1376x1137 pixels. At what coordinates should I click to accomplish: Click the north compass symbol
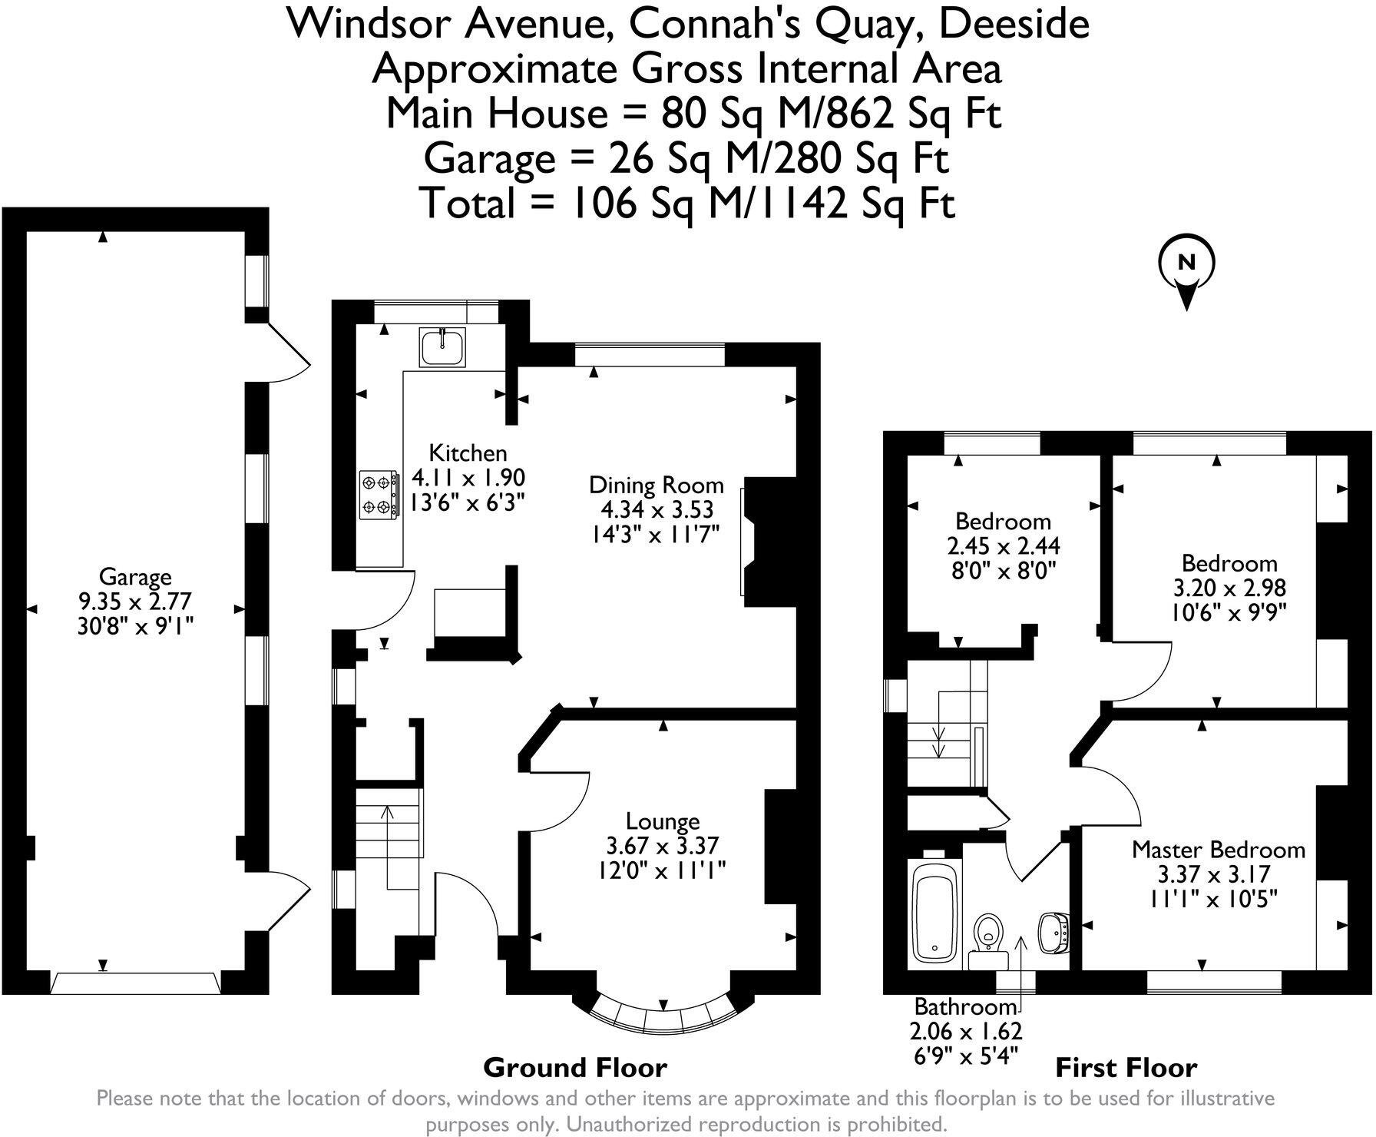(1186, 265)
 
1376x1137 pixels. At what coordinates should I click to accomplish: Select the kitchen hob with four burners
(379, 494)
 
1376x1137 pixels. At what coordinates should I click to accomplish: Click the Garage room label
(135, 576)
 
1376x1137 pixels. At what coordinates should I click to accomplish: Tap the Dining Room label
(657, 485)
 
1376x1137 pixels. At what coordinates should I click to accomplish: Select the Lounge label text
(663, 821)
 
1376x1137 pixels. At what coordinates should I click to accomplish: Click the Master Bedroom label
(1219, 849)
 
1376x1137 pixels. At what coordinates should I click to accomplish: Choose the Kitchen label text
(468, 452)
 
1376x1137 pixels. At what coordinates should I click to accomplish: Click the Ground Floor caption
(575, 1067)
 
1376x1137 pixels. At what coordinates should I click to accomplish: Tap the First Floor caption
(1126, 1067)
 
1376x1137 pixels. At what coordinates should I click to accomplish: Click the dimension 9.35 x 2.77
(135, 601)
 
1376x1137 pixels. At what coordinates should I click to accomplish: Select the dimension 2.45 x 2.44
(1003, 545)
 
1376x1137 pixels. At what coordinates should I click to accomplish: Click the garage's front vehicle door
(136, 983)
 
